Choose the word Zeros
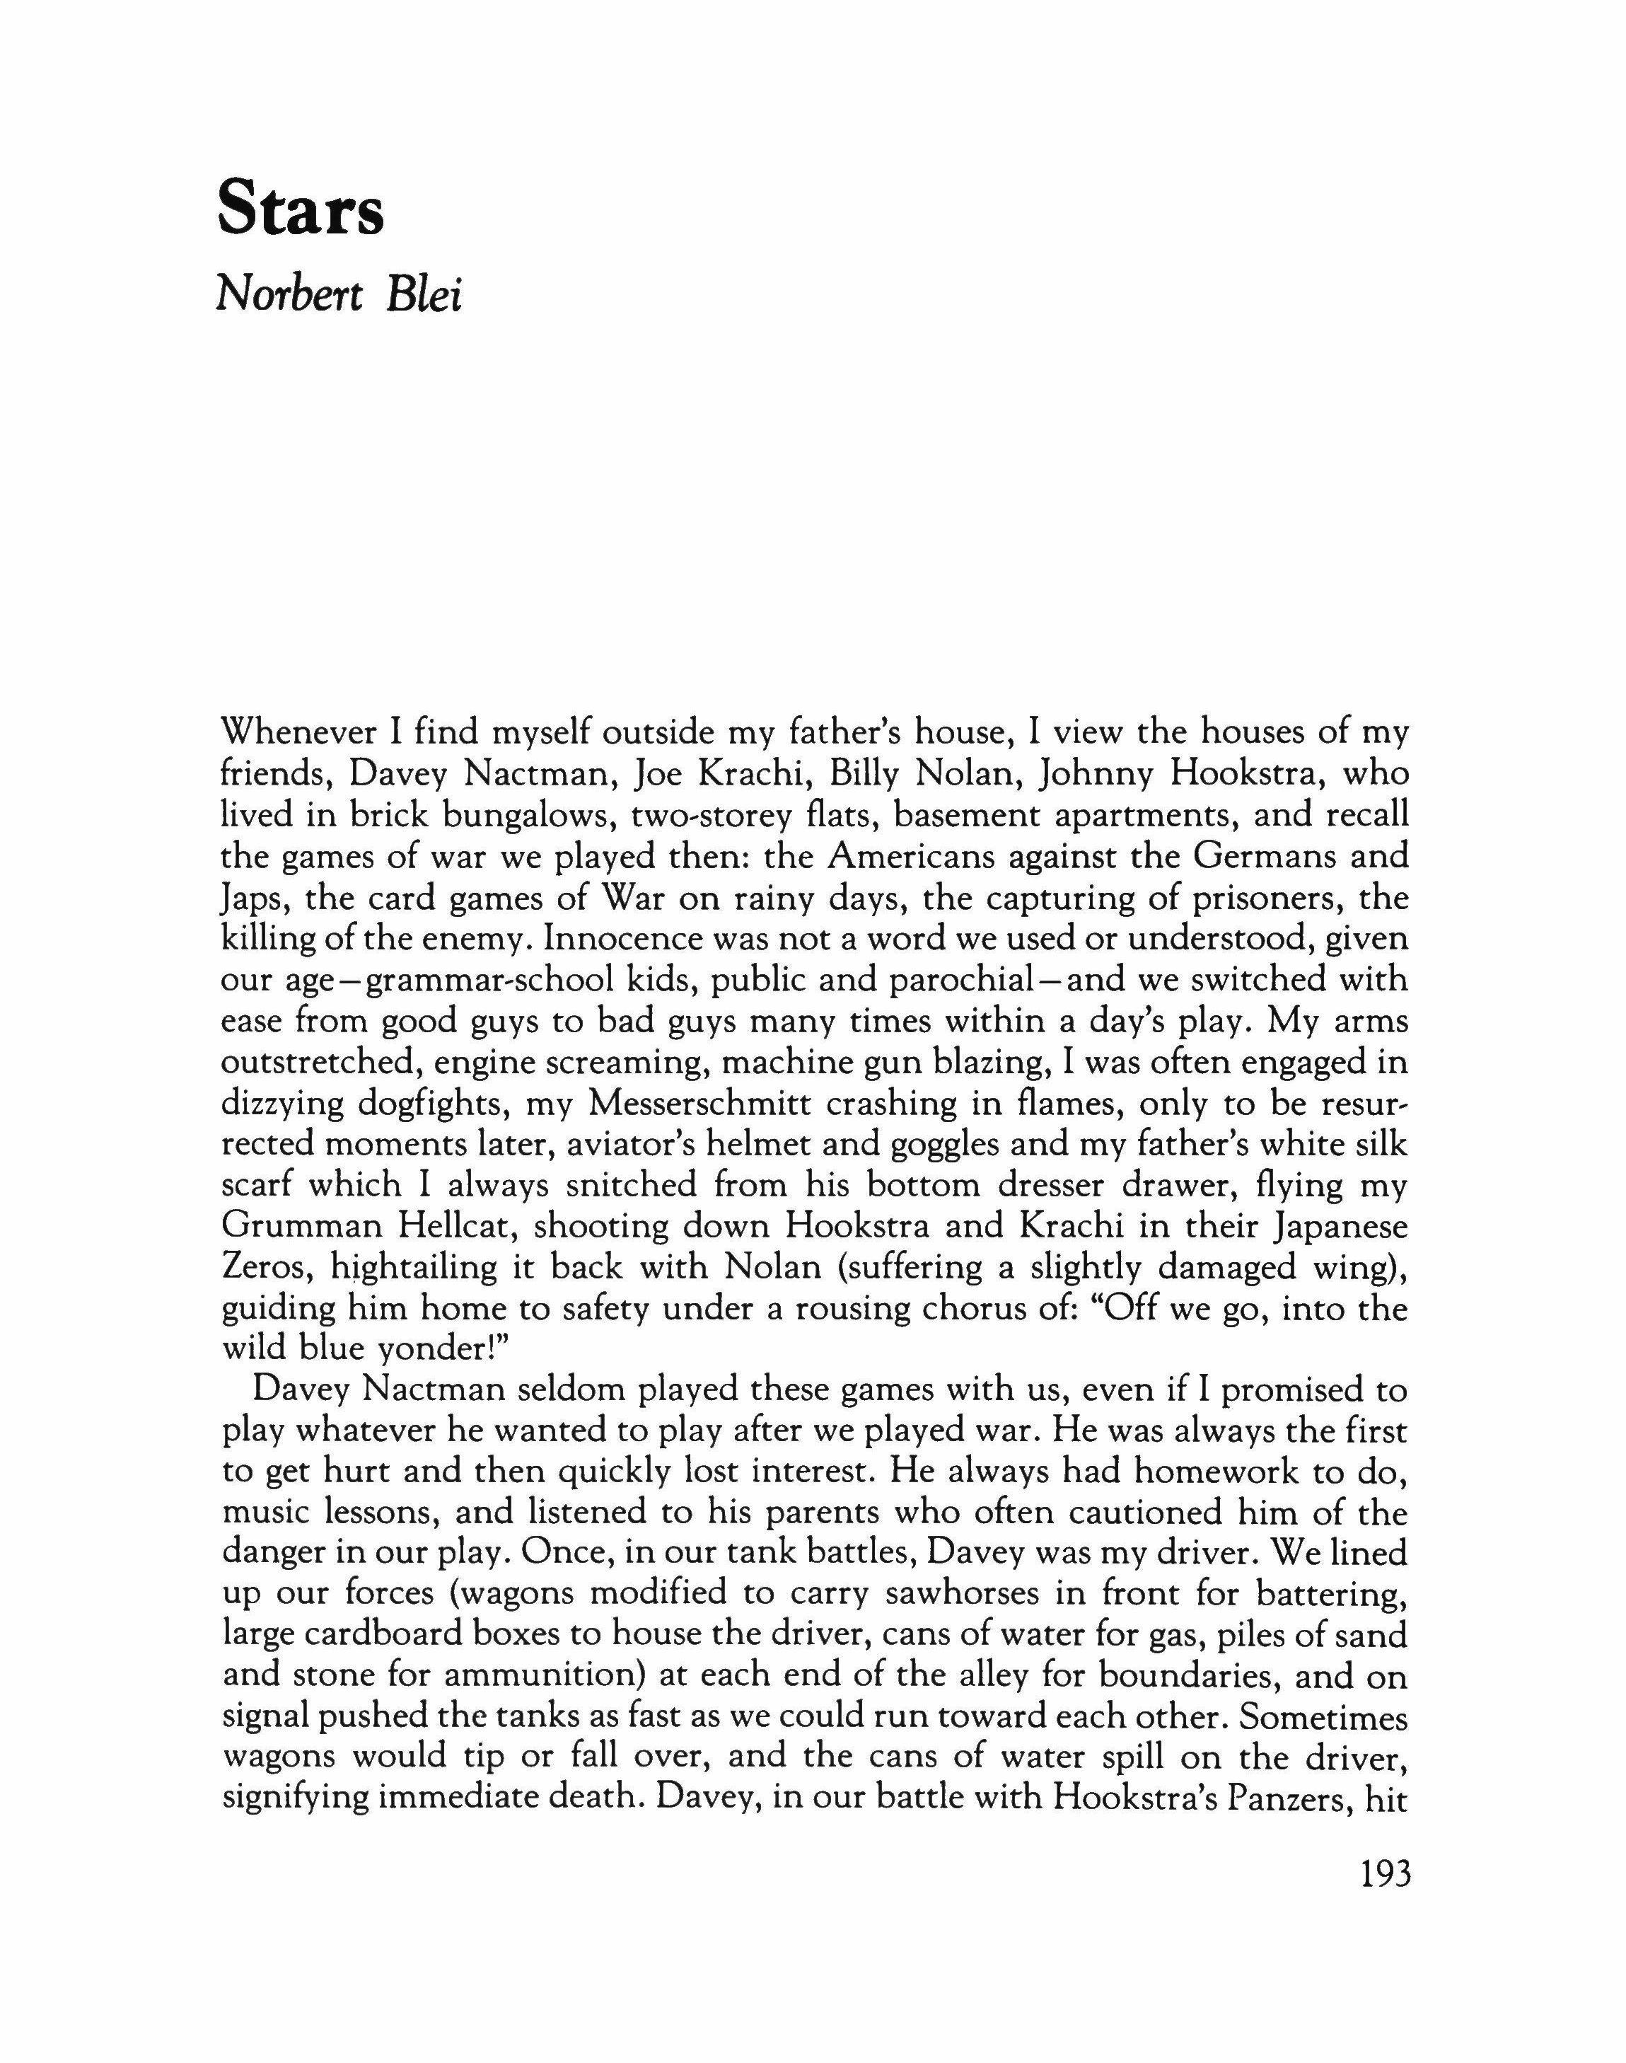pyautogui.click(x=263, y=1267)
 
